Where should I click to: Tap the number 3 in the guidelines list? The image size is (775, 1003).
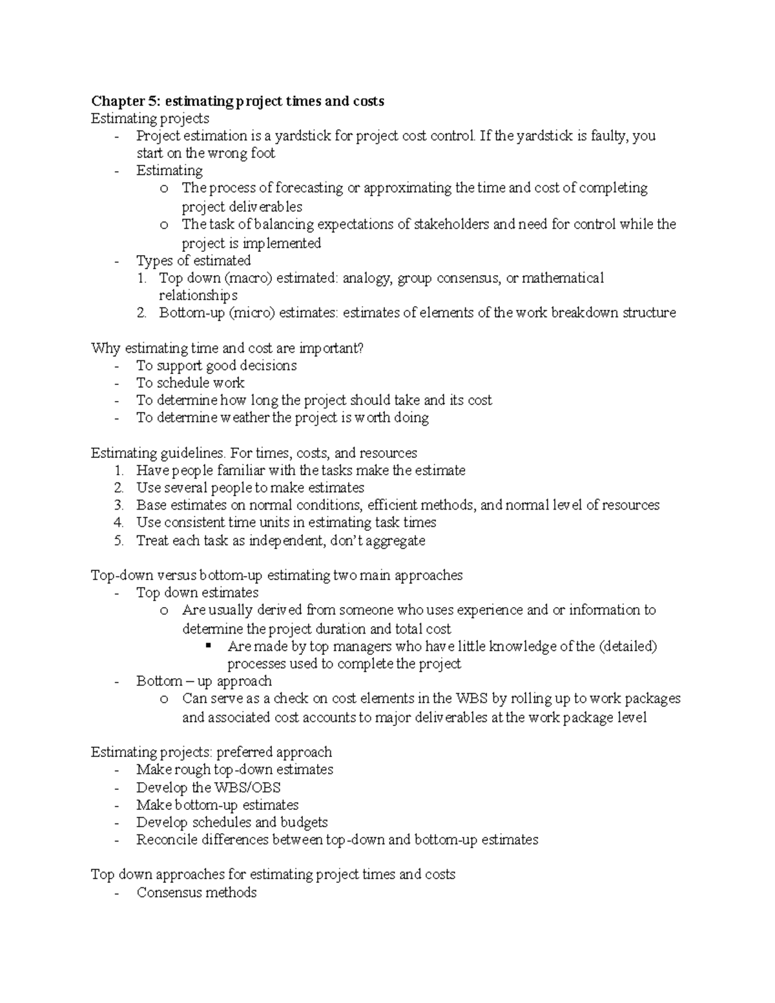[x=119, y=505]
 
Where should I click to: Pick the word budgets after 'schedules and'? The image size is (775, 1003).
[x=304, y=822]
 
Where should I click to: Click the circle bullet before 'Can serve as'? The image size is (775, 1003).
[x=164, y=699]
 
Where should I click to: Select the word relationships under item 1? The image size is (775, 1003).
[x=198, y=295]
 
